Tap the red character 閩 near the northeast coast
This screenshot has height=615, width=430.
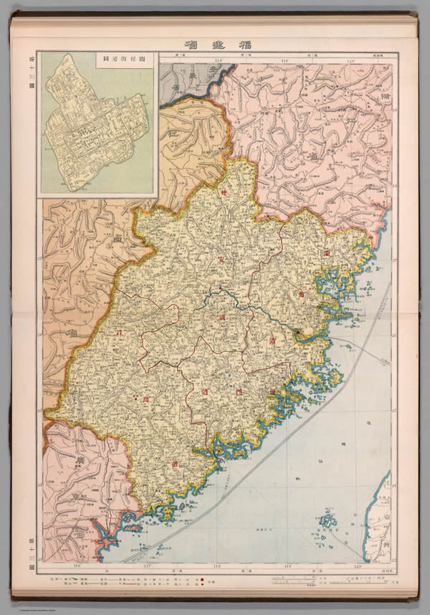326,253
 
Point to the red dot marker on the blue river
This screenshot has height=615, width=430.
220,290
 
